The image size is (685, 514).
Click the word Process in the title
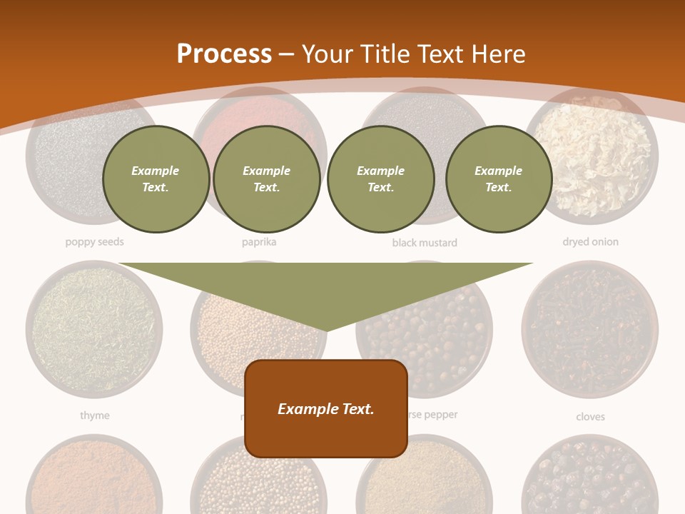click(224, 54)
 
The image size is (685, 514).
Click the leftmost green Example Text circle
click(156, 179)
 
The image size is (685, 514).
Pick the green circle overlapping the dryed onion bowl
click(498, 179)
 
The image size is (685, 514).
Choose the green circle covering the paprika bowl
click(266, 179)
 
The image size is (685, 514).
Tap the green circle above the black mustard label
click(380, 179)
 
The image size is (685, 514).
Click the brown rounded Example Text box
click(326, 408)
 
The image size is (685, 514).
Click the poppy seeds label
click(94, 242)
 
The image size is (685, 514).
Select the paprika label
click(259, 242)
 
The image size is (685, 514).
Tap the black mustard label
click(425, 243)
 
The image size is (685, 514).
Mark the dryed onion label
click(590, 242)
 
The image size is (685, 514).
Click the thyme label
click(94, 415)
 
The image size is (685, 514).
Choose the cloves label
click(590, 416)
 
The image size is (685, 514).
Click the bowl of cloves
click(589, 329)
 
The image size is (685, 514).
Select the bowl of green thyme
click(93, 329)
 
